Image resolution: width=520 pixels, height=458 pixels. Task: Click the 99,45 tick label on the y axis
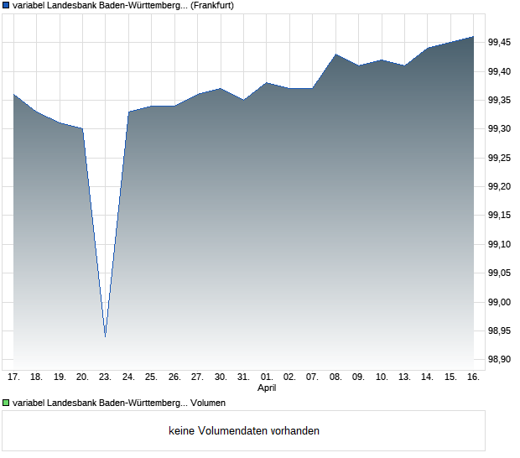(x=500, y=43)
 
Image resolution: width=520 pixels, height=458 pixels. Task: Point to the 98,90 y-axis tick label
(x=500, y=360)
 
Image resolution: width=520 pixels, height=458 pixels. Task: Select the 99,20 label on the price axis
(x=500, y=186)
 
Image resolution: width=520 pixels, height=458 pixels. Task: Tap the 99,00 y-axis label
(x=500, y=302)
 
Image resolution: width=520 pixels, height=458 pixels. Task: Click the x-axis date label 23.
(x=105, y=377)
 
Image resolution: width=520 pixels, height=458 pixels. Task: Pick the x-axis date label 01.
(x=266, y=377)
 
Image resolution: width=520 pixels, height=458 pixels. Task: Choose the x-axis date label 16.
(x=473, y=377)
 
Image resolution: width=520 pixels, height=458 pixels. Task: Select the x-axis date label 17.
(x=13, y=377)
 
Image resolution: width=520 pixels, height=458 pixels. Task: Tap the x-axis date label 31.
(x=243, y=377)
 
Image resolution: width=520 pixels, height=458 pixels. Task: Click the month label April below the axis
(x=266, y=388)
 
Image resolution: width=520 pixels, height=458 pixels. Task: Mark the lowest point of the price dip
(x=105, y=336)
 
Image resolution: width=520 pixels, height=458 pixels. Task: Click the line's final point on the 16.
(x=473, y=37)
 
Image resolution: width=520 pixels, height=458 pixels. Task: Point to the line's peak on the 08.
(x=335, y=55)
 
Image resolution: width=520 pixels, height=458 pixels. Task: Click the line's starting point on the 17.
(x=13, y=94)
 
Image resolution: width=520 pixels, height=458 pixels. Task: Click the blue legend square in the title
(x=7, y=6)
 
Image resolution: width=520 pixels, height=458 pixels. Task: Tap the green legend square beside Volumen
(x=7, y=403)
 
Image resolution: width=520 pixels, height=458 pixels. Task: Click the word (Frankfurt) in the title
(x=212, y=6)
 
